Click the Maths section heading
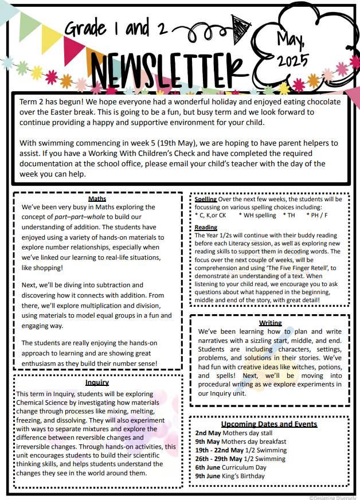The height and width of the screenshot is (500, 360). click(x=97, y=199)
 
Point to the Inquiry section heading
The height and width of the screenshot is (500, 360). click(x=97, y=382)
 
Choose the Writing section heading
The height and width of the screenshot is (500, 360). click(x=270, y=323)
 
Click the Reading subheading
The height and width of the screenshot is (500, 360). click(x=206, y=228)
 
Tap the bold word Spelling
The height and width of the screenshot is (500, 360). click(x=206, y=199)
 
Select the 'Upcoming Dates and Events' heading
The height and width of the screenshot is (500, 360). click(x=269, y=424)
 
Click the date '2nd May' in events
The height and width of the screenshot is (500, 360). click(x=208, y=433)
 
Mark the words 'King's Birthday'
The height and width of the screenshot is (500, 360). click(x=245, y=476)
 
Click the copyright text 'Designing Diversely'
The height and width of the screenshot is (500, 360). click(x=333, y=497)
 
